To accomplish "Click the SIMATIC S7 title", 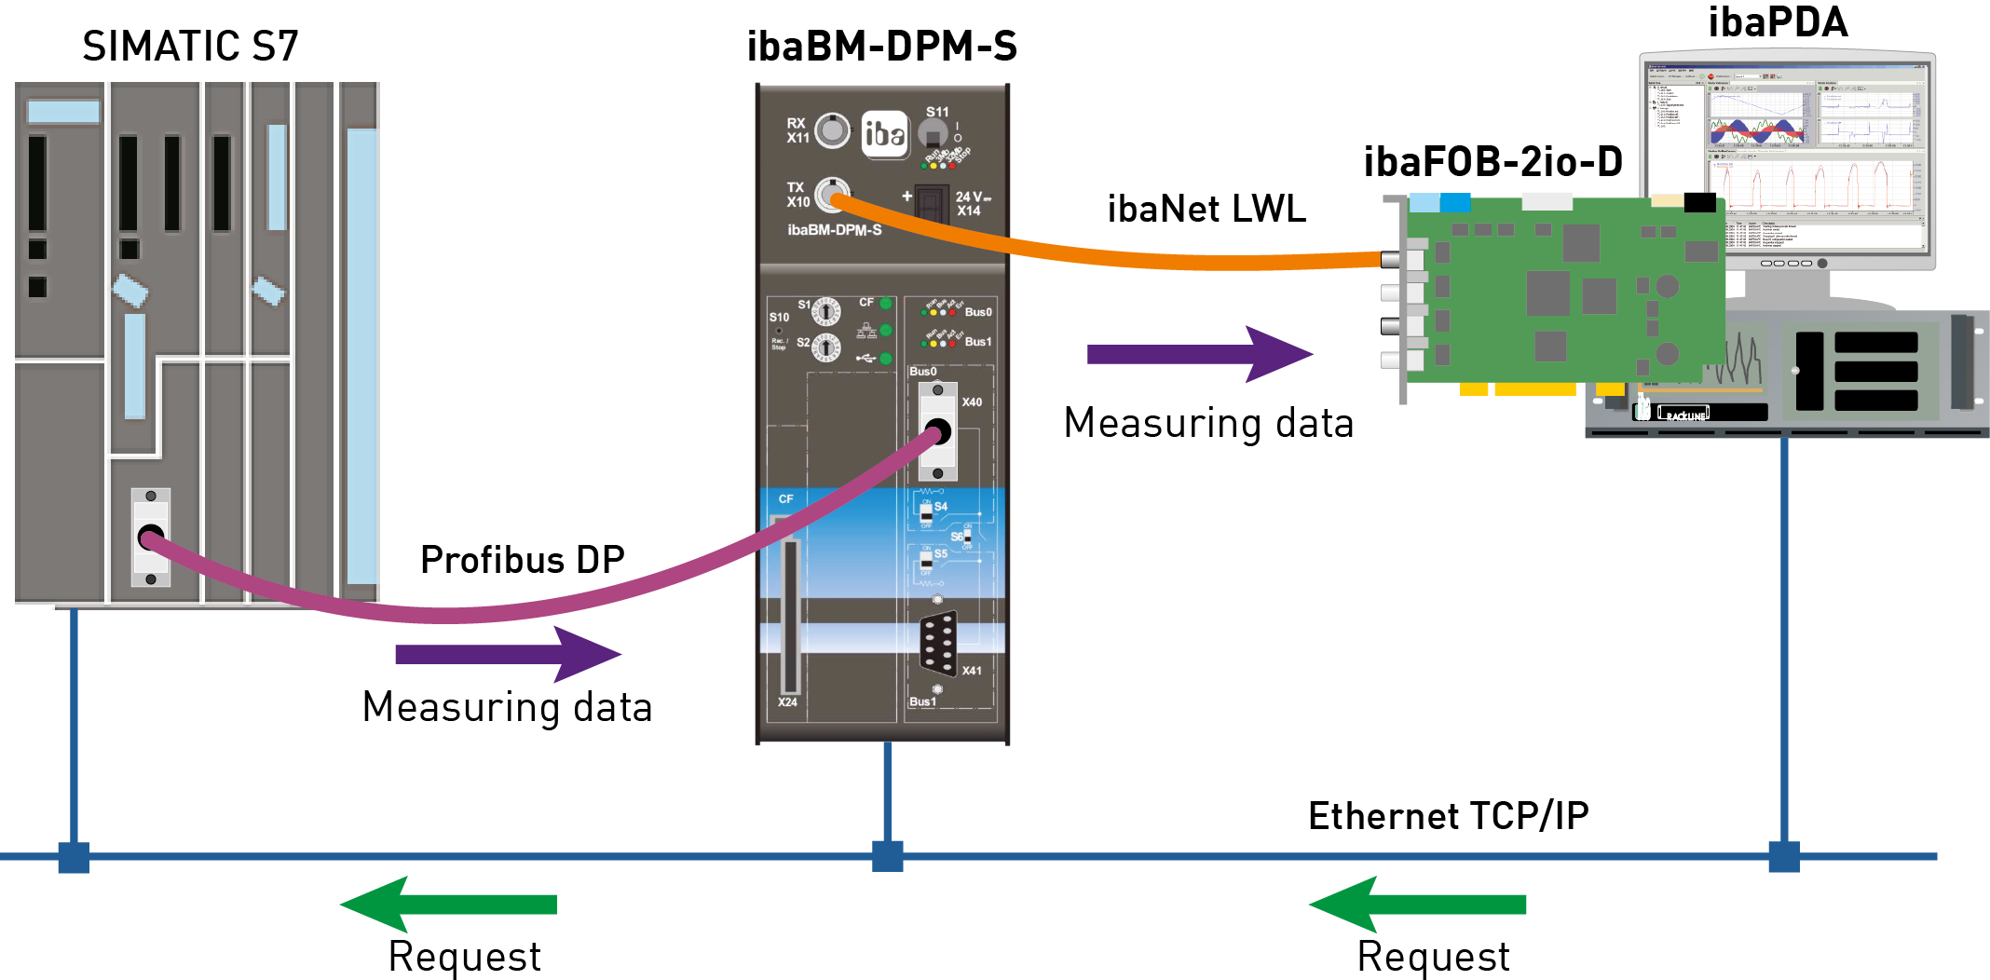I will click(190, 47).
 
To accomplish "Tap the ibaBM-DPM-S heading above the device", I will click(881, 47).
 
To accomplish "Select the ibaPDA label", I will click(1778, 23).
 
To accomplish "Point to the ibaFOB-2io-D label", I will click(1492, 162).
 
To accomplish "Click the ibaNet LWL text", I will click(1206, 209).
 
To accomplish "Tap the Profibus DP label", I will click(522, 560).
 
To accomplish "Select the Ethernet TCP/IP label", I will click(1448, 816).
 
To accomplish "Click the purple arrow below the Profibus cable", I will click(508, 654).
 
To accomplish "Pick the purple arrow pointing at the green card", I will click(1200, 354).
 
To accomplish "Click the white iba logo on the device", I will click(884, 134).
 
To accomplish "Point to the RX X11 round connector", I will click(832, 130).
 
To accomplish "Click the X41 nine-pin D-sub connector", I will click(938, 642).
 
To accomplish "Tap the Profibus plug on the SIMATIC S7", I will click(151, 538).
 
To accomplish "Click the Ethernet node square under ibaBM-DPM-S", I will click(888, 856).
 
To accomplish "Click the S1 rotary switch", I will click(825, 311).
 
